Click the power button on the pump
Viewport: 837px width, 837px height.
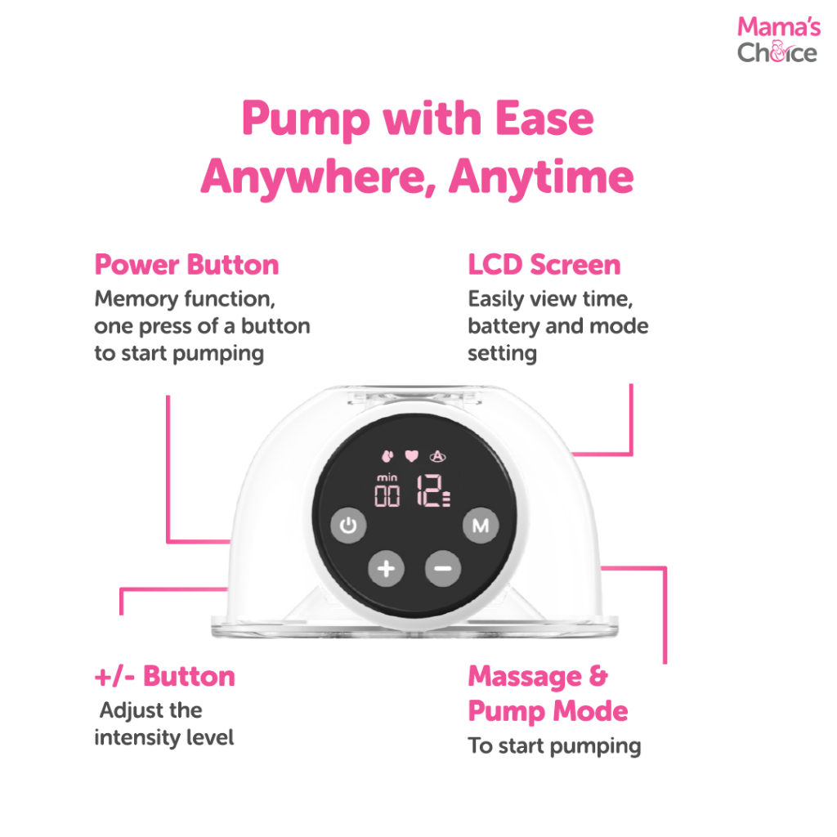(x=348, y=526)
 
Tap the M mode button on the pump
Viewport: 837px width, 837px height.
(x=481, y=526)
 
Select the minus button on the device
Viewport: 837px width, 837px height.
(x=442, y=569)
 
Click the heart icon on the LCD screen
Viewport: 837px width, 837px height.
(x=411, y=456)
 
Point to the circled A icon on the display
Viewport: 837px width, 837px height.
(x=438, y=456)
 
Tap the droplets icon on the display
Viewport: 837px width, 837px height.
(x=387, y=456)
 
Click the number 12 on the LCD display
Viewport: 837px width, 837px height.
(x=430, y=490)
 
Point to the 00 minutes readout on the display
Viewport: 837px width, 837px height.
(x=387, y=496)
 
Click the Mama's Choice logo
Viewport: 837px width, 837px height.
(x=778, y=40)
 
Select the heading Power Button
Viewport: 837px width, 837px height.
(x=187, y=265)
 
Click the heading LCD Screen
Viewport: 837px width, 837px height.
(x=544, y=265)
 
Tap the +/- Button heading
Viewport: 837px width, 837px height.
(x=165, y=676)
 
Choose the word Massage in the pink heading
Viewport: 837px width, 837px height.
(x=525, y=677)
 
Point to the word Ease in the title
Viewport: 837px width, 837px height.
(x=544, y=119)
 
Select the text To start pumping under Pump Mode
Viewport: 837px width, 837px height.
(x=555, y=746)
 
